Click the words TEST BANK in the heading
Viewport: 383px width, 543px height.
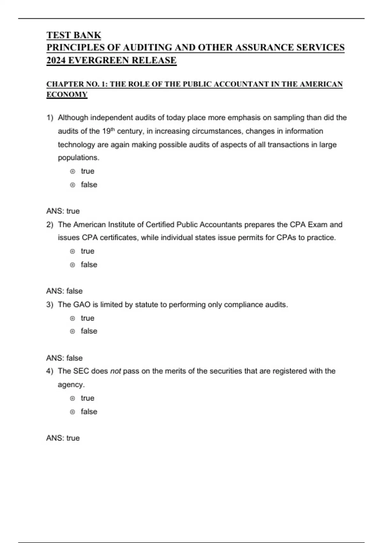74,35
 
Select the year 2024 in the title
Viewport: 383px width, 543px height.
56,60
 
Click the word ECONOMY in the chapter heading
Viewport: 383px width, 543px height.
67,95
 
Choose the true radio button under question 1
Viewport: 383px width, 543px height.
73,172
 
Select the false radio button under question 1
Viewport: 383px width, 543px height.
73,185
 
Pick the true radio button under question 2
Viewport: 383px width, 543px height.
73,251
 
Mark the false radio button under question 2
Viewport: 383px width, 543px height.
73,265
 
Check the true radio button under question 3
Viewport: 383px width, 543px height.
73,318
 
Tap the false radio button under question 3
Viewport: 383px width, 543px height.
73,332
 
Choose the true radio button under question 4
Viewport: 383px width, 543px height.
73,398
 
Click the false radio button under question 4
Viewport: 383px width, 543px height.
73,412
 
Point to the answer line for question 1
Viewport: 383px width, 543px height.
63,211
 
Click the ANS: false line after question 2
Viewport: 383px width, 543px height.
64,291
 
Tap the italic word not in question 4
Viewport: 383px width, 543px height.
115,371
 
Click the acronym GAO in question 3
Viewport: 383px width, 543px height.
82,305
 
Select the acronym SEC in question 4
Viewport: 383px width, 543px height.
81,371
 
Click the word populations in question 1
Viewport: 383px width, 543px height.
78,158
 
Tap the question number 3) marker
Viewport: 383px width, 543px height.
49,305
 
